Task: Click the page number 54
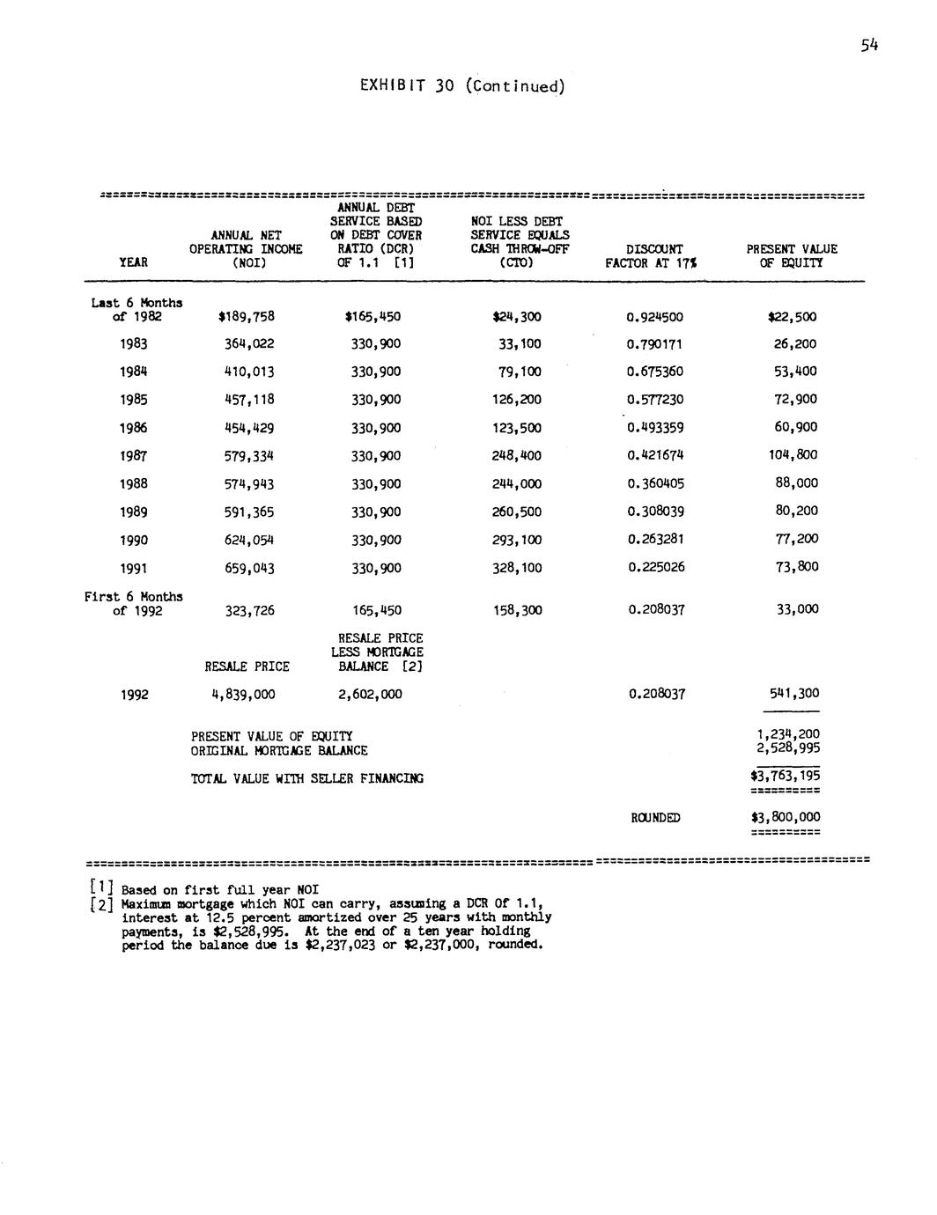click(x=870, y=47)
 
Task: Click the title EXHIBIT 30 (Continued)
click(x=462, y=86)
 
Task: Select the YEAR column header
click(x=133, y=262)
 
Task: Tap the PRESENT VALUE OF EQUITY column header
click(x=792, y=255)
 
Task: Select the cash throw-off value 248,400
click(x=517, y=456)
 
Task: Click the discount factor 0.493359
click(x=655, y=428)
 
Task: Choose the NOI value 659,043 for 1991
click(x=249, y=569)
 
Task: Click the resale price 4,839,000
click(x=243, y=695)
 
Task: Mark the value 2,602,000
click(x=370, y=695)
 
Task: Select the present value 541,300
click(x=794, y=694)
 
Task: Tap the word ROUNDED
click(x=655, y=818)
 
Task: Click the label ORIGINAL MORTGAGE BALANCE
click(x=279, y=751)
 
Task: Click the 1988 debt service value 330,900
click(x=376, y=484)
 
